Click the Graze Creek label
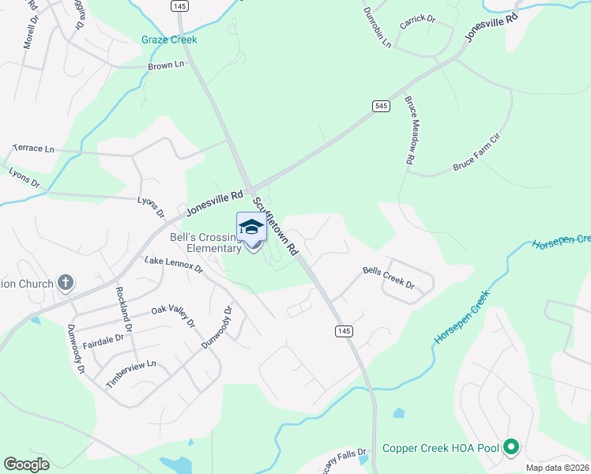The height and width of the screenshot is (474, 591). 169,39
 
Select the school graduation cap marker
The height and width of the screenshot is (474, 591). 251,227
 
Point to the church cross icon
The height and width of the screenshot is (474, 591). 66,283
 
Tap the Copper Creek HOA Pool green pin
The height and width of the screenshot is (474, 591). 511,448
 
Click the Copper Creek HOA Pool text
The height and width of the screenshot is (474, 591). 441,448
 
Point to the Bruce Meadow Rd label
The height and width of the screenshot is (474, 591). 410,130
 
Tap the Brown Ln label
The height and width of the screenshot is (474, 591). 166,66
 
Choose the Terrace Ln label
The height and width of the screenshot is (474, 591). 34,149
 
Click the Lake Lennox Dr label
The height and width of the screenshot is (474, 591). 174,265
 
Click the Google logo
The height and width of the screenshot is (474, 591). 26,465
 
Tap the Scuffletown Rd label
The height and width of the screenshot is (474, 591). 276,226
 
